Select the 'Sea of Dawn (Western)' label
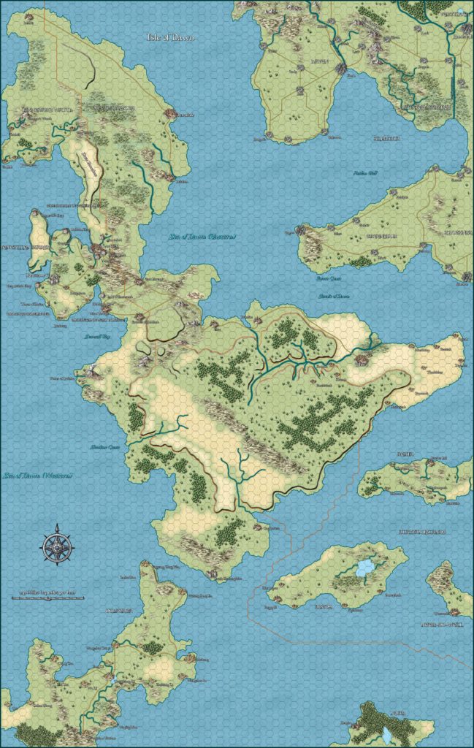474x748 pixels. coord(37,476)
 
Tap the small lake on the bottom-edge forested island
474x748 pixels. coord(386,733)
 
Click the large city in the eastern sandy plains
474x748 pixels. coord(362,360)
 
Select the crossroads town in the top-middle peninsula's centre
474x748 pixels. coord(300,69)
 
